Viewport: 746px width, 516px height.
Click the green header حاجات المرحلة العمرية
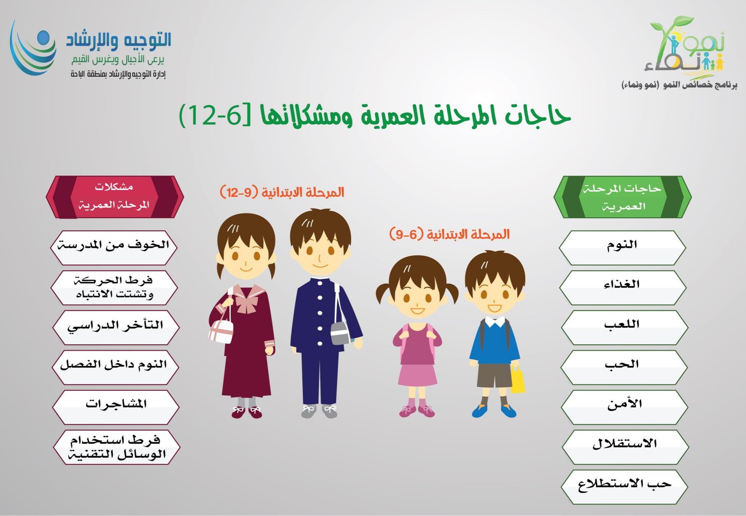tap(622, 197)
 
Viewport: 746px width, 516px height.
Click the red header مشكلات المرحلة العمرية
tap(114, 197)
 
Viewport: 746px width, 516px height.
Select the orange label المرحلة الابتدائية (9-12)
tap(282, 192)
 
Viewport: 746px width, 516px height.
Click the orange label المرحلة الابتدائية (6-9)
tap(449, 234)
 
